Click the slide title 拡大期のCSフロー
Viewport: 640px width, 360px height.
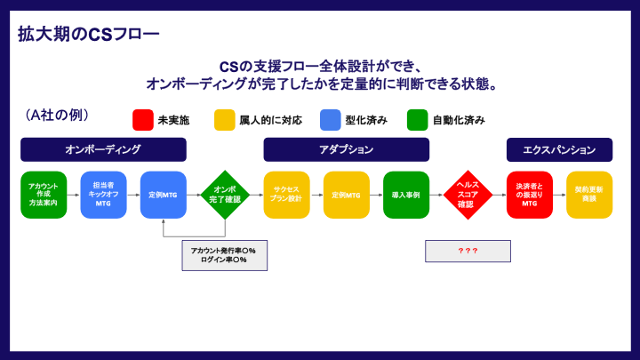89,35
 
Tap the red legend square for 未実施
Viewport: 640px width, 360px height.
142,120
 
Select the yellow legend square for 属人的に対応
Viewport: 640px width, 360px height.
224,120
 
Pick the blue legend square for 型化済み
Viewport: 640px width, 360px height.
331,120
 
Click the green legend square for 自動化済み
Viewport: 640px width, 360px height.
417,120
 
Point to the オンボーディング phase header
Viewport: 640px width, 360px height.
102,149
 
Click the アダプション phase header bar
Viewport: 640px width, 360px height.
346,149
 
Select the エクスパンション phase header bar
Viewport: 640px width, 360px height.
559,149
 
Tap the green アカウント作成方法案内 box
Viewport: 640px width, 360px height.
44,195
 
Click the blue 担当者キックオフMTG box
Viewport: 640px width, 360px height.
103,195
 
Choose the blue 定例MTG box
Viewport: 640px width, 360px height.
164,195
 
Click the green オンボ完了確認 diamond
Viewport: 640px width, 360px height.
224,195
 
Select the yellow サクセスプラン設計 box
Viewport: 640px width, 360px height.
286,195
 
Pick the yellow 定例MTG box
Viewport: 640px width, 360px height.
346,195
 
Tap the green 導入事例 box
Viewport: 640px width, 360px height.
406,195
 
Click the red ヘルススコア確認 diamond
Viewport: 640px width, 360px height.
468,195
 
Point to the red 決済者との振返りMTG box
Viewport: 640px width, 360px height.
529,195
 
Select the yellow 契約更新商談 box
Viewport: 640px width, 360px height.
589,195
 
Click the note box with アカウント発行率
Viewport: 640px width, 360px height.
224,255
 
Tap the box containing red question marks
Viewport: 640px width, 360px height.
468,251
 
